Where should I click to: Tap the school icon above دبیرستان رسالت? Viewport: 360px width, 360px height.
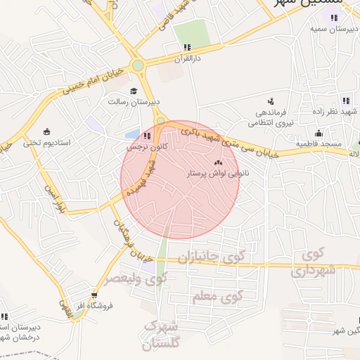point(134,90)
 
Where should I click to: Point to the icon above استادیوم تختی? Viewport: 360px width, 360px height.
point(46,131)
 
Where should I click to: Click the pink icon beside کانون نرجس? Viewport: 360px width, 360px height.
point(147,136)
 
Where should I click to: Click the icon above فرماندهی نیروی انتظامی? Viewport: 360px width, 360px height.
point(271,101)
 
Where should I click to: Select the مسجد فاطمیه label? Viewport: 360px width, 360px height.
point(318,144)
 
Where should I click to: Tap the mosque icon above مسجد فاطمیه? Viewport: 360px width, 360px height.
point(319,134)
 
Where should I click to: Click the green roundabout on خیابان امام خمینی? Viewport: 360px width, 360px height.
point(138,66)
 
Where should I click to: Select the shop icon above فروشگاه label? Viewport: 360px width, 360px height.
point(94,295)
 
